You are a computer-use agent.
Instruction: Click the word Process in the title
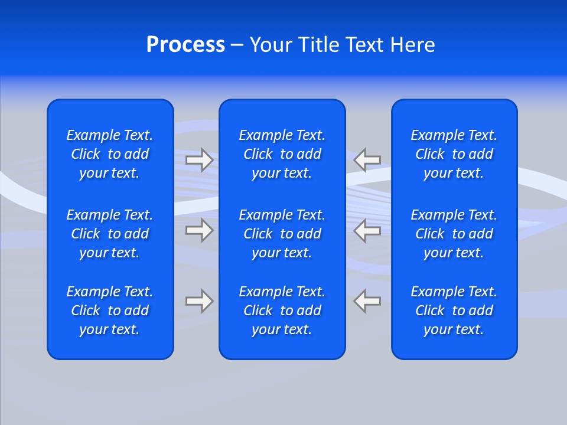(x=185, y=45)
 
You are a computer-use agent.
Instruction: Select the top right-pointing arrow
(x=200, y=159)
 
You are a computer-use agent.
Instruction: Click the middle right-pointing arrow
(x=200, y=230)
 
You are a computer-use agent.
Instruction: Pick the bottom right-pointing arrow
(x=200, y=301)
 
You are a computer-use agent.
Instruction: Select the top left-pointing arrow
(x=367, y=159)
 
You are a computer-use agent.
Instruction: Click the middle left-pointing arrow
(x=367, y=230)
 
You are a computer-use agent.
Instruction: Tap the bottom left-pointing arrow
(x=367, y=301)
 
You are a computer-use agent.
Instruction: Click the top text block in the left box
(x=110, y=154)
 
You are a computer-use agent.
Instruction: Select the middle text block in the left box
(x=110, y=234)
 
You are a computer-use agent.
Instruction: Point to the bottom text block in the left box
(x=110, y=310)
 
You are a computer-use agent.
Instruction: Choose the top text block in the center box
(x=282, y=154)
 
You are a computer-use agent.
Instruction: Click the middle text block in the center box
(x=282, y=234)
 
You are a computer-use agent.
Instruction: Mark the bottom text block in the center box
(x=282, y=310)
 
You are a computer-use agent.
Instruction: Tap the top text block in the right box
(x=454, y=154)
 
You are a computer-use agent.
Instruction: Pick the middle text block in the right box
(x=454, y=234)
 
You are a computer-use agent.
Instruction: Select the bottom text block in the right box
(x=454, y=310)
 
